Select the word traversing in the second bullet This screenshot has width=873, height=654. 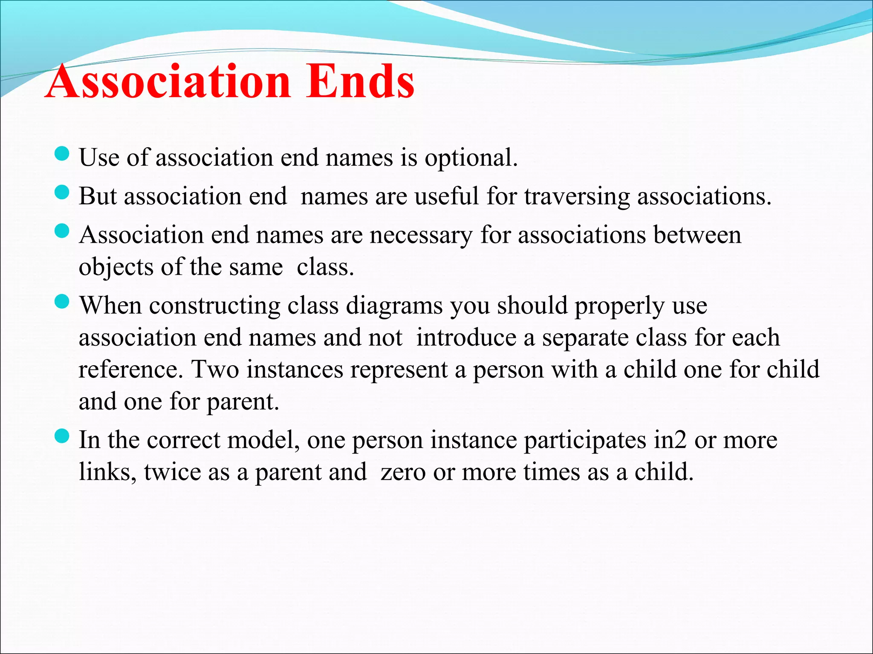(577, 197)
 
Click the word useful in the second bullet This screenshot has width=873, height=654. (447, 196)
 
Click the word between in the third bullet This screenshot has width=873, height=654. (697, 235)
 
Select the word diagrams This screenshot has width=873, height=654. (394, 306)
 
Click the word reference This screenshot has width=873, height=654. (130, 370)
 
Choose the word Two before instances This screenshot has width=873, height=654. (215, 370)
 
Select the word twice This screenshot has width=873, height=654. (172, 472)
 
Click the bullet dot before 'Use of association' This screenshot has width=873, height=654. (62, 154)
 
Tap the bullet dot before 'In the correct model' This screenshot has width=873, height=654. (62, 436)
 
